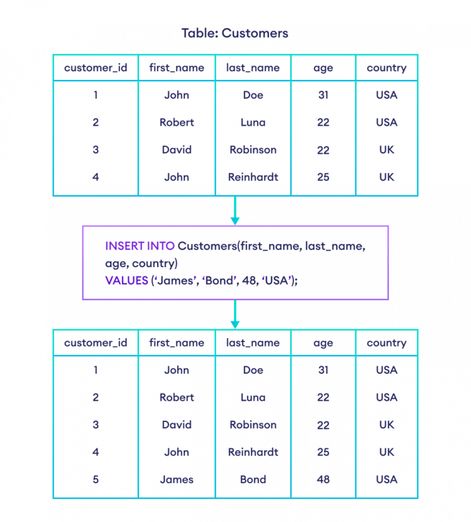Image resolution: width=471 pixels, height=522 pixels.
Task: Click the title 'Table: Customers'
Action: click(235, 34)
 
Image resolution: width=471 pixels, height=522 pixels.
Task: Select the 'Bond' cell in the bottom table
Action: click(253, 480)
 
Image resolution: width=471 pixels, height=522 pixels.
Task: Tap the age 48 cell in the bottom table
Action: click(323, 480)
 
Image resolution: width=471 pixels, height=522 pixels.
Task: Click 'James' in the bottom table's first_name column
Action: click(177, 480)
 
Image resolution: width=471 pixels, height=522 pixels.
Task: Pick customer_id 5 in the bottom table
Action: click(95, 480)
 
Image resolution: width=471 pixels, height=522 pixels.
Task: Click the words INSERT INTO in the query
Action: click(140, 246)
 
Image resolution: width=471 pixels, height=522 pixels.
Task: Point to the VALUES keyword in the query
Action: click(127, 281)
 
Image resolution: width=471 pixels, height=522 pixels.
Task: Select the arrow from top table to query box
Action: click(235, 211)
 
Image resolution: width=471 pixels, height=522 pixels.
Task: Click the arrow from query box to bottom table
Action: click(235, 314)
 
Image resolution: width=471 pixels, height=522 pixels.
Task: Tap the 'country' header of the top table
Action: click(387, 68)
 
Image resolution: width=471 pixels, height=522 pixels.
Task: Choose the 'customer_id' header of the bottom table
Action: click(95, 343)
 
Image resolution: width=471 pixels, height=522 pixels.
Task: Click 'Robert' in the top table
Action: click(177, 122)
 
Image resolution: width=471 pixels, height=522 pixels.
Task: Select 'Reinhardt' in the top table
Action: click(253, 177)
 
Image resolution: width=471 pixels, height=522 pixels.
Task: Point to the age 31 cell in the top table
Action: click(323, 95)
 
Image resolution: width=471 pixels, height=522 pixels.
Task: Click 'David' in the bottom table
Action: click(177, 425)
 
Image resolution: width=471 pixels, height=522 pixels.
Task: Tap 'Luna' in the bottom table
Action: click(253, 397)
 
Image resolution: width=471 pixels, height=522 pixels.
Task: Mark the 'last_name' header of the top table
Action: click(253, 68)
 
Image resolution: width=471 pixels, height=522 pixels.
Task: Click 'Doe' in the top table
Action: click(253, 95)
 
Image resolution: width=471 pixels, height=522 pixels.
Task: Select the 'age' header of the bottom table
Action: click(323, 344)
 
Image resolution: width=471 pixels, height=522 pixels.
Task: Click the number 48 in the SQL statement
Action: click(249, 281)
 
